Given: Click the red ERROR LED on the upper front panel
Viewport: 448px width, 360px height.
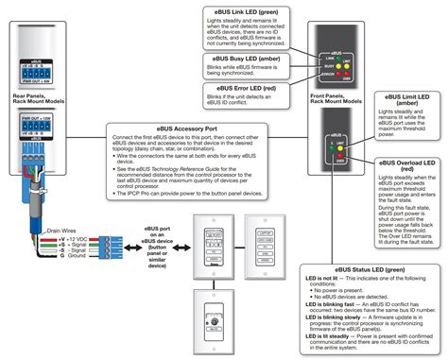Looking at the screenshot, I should coord(347,72).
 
